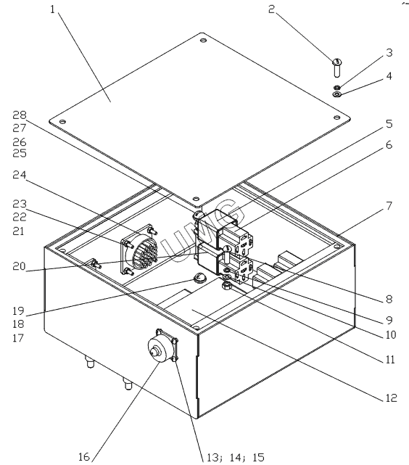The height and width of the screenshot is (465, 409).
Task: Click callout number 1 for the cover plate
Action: click(x=52, y=9)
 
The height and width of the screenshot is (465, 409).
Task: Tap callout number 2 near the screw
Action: click(x=271, y=9)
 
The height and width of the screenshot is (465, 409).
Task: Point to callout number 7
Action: click(x=389, y=205)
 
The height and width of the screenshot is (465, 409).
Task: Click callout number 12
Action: click(x=391, y=398)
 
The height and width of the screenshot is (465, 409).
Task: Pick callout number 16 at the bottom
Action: click(x=84, y=457)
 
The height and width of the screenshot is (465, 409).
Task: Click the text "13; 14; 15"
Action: click(x=235, y=457)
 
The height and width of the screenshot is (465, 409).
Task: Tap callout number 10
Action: click(x=391, y=335)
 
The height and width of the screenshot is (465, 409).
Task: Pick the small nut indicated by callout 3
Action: click(x=337, y=88)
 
